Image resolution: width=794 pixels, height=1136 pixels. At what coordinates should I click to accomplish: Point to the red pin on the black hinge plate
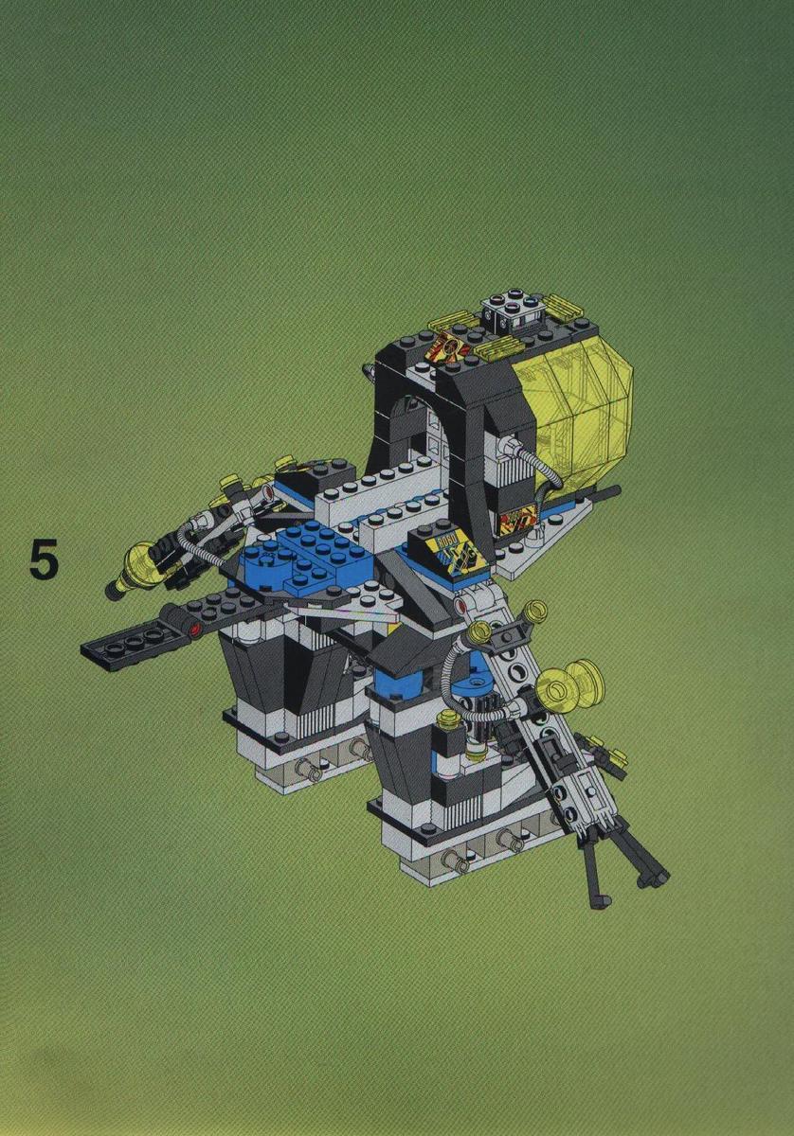pyautogui.click(x=192, y=630)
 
